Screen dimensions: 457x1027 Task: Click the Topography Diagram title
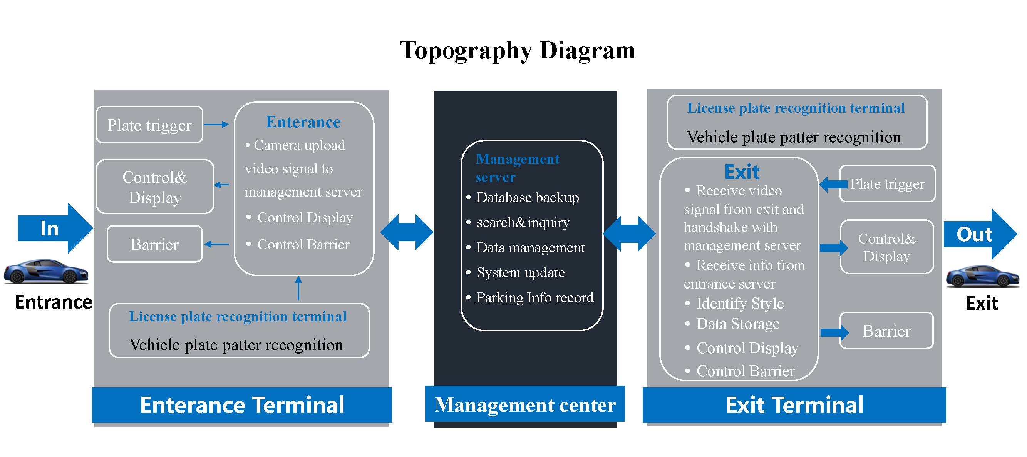coord(518,51)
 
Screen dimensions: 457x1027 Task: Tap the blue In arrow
coord(54,228)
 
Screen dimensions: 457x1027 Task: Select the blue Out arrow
coord(978,234)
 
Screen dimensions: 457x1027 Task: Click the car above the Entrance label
coord(46,271)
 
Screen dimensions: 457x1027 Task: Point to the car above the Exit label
coord(982,276)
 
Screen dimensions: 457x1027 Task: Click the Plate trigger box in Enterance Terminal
coord(149,125)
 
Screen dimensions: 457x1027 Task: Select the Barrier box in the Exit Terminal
coord(886,331)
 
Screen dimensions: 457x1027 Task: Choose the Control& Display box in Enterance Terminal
coord(155,187)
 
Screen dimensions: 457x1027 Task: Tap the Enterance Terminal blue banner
coord(242,405)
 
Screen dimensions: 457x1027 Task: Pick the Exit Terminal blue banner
coord(794,405)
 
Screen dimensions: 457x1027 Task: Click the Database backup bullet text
coord(527,198)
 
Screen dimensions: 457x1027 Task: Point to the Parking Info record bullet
coord(534,298)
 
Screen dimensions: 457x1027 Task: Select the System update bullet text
coord(520,272)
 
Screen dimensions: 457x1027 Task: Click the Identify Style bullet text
coord(740,304)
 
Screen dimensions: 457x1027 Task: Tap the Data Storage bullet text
coord(737,324)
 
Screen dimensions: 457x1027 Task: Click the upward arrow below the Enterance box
coord(298,288)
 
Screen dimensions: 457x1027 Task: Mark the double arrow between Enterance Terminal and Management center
coord(407,232)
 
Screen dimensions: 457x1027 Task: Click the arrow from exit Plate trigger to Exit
coord(833,185)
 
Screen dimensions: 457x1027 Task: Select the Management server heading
coord(517,168)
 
